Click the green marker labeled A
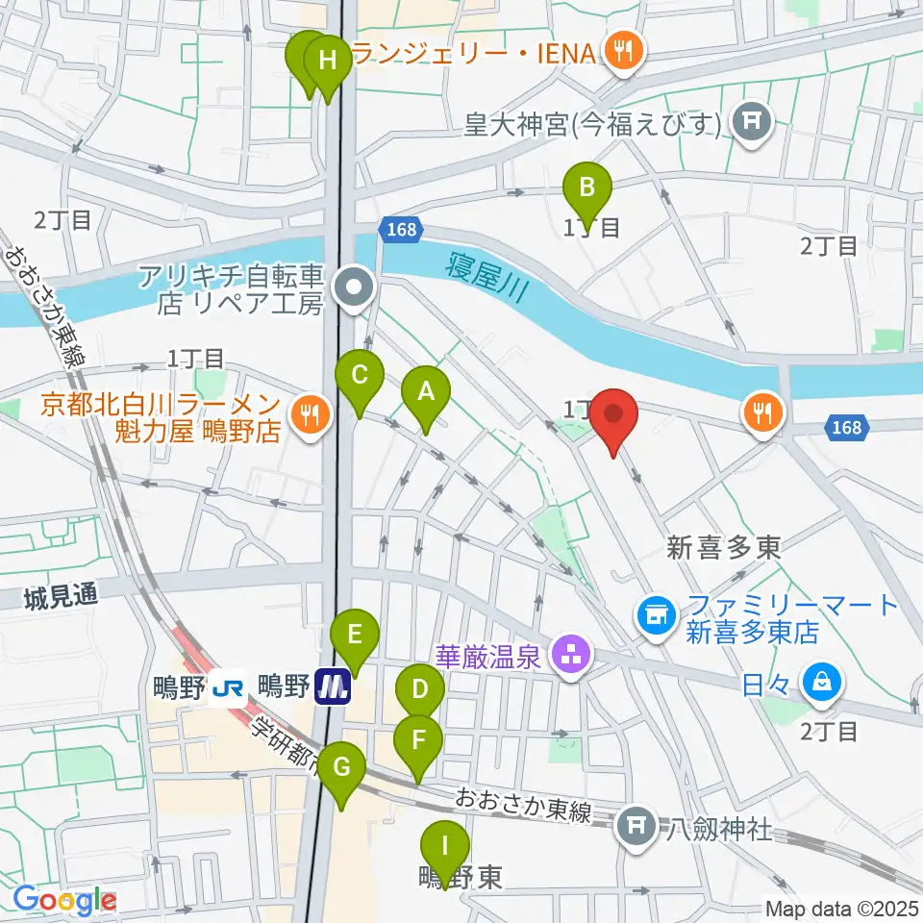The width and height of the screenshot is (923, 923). [426, 392]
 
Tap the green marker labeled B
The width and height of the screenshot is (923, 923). [586, 187]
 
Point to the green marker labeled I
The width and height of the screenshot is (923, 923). [444, 847]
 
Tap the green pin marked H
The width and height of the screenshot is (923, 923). [327, 62]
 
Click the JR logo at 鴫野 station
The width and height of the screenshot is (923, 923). [229, 687]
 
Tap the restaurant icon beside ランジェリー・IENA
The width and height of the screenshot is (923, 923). [622, 51]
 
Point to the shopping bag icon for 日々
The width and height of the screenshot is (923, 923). [822, 684]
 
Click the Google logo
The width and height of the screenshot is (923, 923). [64, 901]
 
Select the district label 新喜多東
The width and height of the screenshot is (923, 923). [724, 548]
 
